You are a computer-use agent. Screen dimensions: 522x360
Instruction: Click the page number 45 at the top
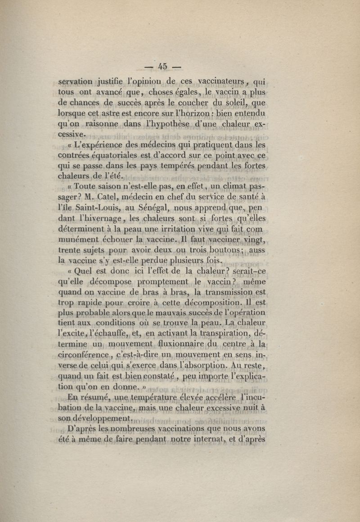coord(162,67)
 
